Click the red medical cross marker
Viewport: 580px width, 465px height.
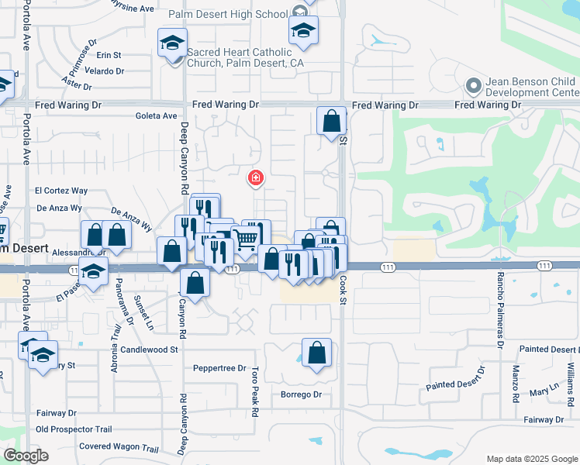[x=254, y=179]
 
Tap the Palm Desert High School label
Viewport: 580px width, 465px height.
[x=228, y=14]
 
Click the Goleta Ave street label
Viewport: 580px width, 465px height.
[x=156, y=116]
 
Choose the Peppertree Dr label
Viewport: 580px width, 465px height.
[x=219, y=368]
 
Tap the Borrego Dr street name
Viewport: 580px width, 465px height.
[x=301, y=394]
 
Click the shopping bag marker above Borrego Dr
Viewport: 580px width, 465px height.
[x=316, y=354]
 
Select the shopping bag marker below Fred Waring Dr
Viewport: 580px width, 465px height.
[x=331, y=122]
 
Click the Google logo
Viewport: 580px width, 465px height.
[x=26, y=456]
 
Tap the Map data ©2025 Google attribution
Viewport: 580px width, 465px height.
[x=531, y=459]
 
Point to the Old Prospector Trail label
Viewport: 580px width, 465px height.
[x=74, y=429]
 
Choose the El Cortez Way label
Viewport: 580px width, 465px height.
[x=61, y=191]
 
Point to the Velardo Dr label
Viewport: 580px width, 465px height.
[x=104, y=71]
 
